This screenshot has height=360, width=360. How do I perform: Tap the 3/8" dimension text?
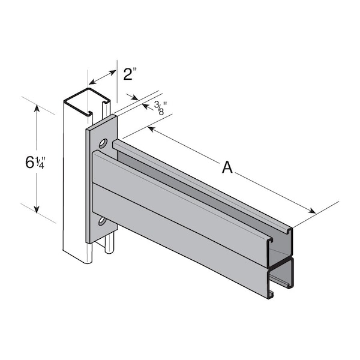[160, 108]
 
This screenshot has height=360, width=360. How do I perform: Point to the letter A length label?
[227, 167]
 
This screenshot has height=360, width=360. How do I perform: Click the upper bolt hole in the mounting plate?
[103, 144]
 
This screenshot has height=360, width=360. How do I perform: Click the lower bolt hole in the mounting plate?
[102, 223]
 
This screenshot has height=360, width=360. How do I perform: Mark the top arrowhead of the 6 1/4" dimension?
[37, 109]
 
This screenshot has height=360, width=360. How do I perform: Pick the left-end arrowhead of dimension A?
[151, 128]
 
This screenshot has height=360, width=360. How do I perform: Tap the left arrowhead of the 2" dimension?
[91, 82]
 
